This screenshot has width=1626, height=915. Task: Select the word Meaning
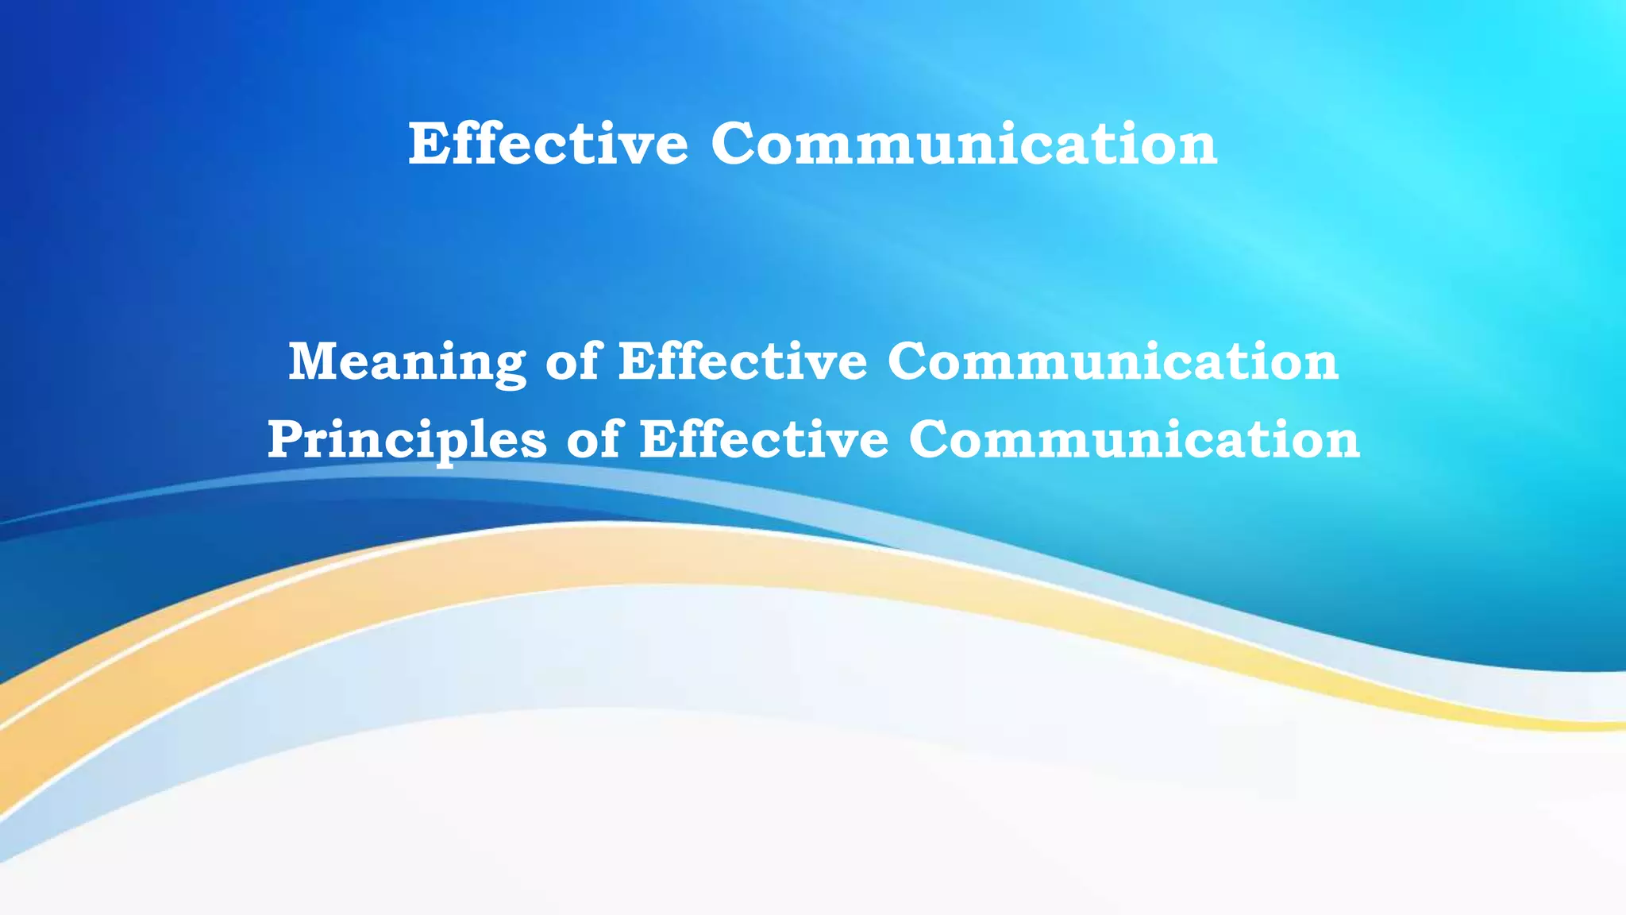coord(406,361)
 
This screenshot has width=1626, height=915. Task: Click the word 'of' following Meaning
coord(572,361)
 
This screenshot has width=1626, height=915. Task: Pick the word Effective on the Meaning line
coord(743,361)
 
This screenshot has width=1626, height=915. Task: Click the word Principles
coord(406,439)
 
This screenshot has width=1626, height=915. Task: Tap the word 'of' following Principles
coord(593,439)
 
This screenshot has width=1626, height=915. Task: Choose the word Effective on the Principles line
coord(764,439)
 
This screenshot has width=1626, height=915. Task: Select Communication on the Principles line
coord(1135,439)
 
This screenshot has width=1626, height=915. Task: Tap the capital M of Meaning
coord(314,361)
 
